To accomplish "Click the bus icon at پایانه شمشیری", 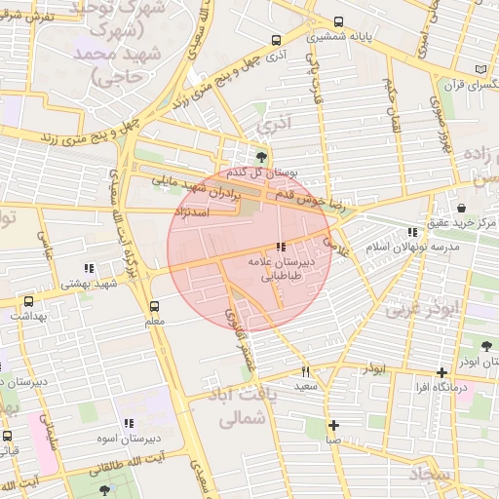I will pyautogui.click(x=338, y=21).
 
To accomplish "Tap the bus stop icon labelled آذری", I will pyautogui.click(x=277, y=41).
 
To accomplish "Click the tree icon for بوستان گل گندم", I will pyautogui.click(x=260, y=156).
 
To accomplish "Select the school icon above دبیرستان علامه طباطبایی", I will pyautogui.click(x=282, y=248).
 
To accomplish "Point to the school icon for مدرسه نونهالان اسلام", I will pyautogui.click(x=413, y=232).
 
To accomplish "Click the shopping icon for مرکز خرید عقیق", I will pyautogui.click(x=460, y=208).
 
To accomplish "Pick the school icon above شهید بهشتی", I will pyautogui.click(x=89, y=268).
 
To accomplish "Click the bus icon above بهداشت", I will pyautogui.click(x=28, y=301).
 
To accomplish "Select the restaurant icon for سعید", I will pyautogui.click(x=306, y=371).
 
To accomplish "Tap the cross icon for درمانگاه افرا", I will pyautogui.click(x=442, y=371).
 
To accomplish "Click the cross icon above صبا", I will pyautogui.click(x=333, y=425).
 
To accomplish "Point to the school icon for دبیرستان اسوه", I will pyautogui.click(x=128, y=423).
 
